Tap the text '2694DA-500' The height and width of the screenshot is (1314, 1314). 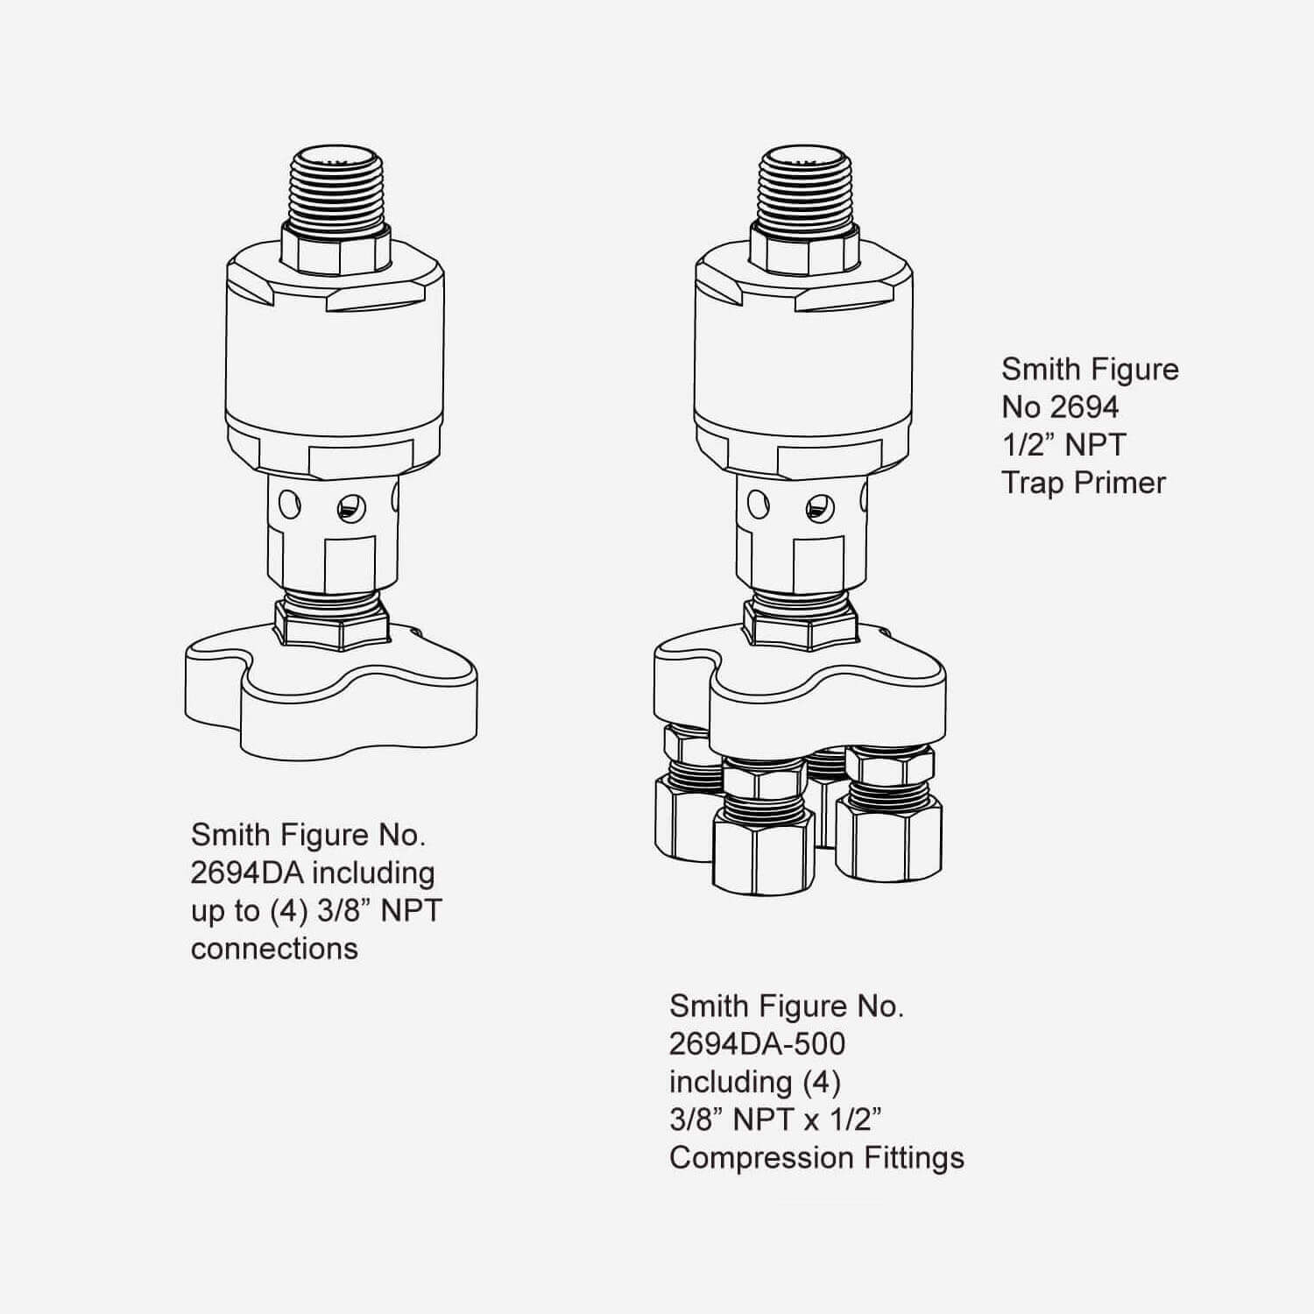758,1044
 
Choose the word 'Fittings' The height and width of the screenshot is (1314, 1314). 911,1158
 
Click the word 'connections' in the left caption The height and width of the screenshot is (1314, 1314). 274,949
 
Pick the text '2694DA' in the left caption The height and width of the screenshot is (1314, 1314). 247,872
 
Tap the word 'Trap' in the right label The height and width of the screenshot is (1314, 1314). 1031,483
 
